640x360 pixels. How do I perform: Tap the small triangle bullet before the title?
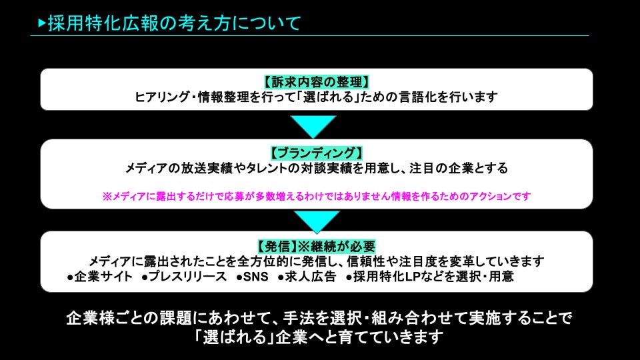pos(42,23)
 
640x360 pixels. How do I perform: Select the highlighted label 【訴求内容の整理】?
pos(317,83)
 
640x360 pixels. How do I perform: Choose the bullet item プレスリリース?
pos(187,277)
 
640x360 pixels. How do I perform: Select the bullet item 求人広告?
pos(311,277)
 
